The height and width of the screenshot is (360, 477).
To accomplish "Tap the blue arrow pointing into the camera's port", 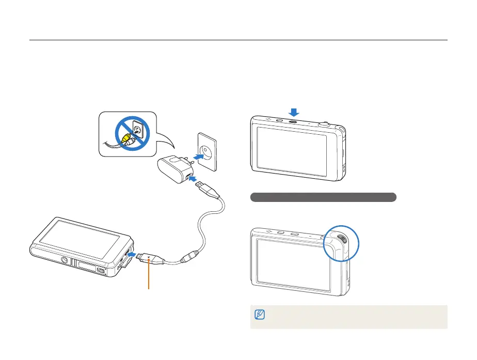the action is click(x=132, y=255).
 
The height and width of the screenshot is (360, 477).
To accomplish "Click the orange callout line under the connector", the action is click(x=149, y=279).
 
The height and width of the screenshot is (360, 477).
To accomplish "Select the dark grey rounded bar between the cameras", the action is click(x=323, y=197).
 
